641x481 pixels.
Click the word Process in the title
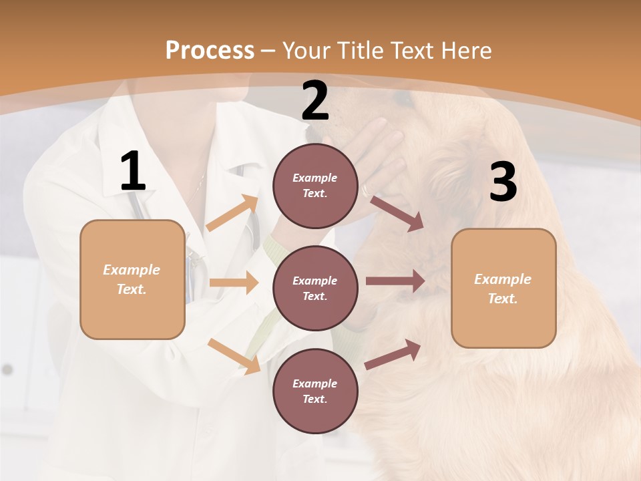click(x=210, y=50)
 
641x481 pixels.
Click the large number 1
click(x=133, y=172)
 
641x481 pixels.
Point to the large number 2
click(x=315, y=101)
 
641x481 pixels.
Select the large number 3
click(x=503, y=182)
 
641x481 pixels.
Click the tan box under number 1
click(x=132, y=279)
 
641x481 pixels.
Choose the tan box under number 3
click(x=503, y=289)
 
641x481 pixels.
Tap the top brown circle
click(x=315, y=186)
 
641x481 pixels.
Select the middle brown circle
click(x=315, y=289)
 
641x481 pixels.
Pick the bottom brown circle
click(x=315, y=391)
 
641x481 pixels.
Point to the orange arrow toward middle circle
click(x=234, y=283)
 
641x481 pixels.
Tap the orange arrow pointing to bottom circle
click(x=234, y=356)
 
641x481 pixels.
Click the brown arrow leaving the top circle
click(x=397, y=213)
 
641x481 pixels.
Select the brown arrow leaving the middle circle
click(x=395, y=281)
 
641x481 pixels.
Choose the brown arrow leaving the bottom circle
click(x=393, y=353)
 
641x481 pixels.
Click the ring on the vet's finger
click(x=366, y=190)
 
